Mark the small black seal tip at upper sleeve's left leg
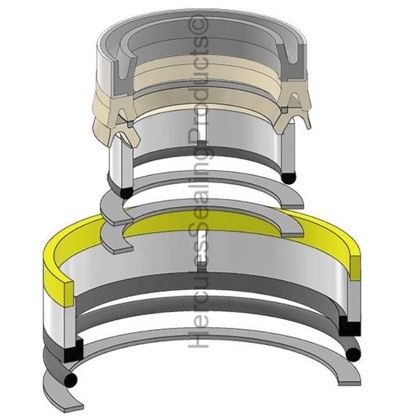point(124,191)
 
